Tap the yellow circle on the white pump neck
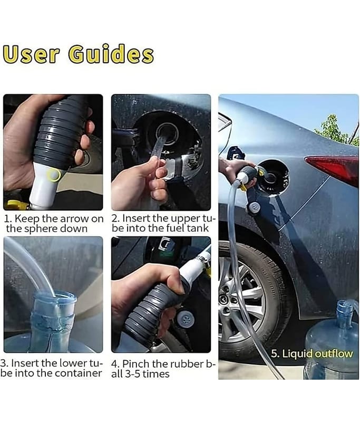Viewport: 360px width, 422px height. (54, 176)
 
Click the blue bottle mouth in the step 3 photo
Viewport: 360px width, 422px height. (55, 298)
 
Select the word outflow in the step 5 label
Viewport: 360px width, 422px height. (334, 353)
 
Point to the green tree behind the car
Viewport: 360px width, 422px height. (335, 130)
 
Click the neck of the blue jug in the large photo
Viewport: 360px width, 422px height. (345, 313)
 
